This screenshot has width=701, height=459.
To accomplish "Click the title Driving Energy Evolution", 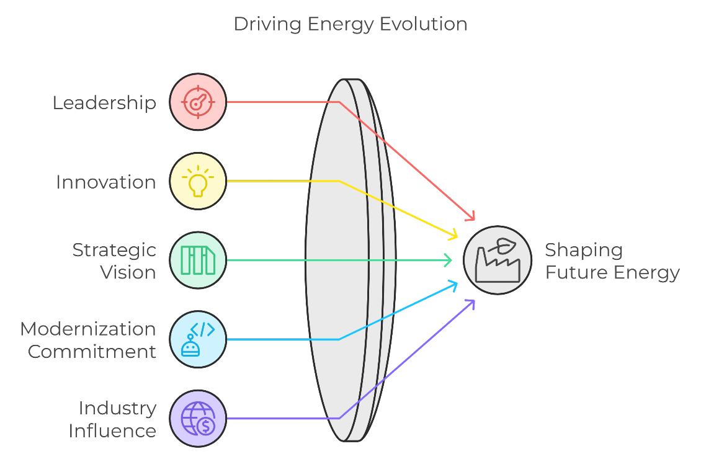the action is tap(351, 24).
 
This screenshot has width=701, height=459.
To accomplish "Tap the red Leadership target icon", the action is tap(198, 102).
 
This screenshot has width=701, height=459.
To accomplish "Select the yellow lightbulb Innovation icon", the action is tap(198, 181).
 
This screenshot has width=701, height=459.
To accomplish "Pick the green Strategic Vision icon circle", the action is tap(198, 260).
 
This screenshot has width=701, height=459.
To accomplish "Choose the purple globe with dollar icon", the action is tap(198, 418).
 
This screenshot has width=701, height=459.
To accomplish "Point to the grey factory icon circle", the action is tap(498, 260).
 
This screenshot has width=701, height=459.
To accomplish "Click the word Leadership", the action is tap(105, 103).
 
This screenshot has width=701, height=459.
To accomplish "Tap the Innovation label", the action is tap(106, 182).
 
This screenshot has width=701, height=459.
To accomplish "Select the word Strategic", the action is tap(114, 251).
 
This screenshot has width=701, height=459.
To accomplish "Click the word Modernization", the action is tap(88, 329).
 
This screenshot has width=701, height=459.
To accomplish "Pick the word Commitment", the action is tap(92, 352).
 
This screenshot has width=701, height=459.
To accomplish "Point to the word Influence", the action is tap(113, 431).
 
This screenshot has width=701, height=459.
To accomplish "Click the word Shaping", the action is tap(584, 251).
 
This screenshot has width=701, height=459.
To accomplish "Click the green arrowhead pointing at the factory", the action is tap(447, 260).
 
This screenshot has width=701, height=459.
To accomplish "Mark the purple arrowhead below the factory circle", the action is tap(470, 304).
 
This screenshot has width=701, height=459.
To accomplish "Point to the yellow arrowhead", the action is tap(453, 234).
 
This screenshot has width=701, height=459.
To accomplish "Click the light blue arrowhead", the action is tap(453, 285).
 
